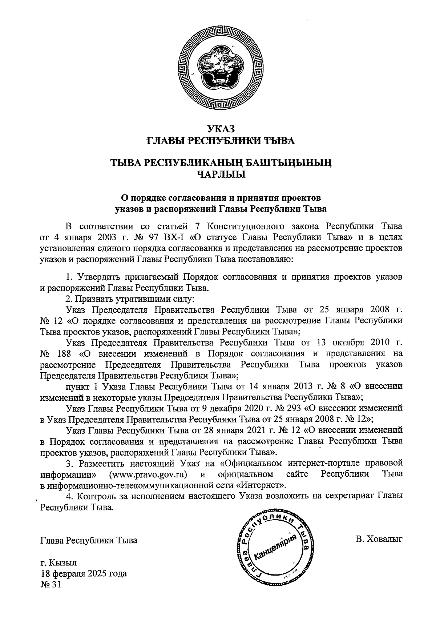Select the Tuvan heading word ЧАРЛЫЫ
[221, 175]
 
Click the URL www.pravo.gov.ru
[148, 474]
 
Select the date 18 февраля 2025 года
[84, 574]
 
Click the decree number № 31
[50, 585]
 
